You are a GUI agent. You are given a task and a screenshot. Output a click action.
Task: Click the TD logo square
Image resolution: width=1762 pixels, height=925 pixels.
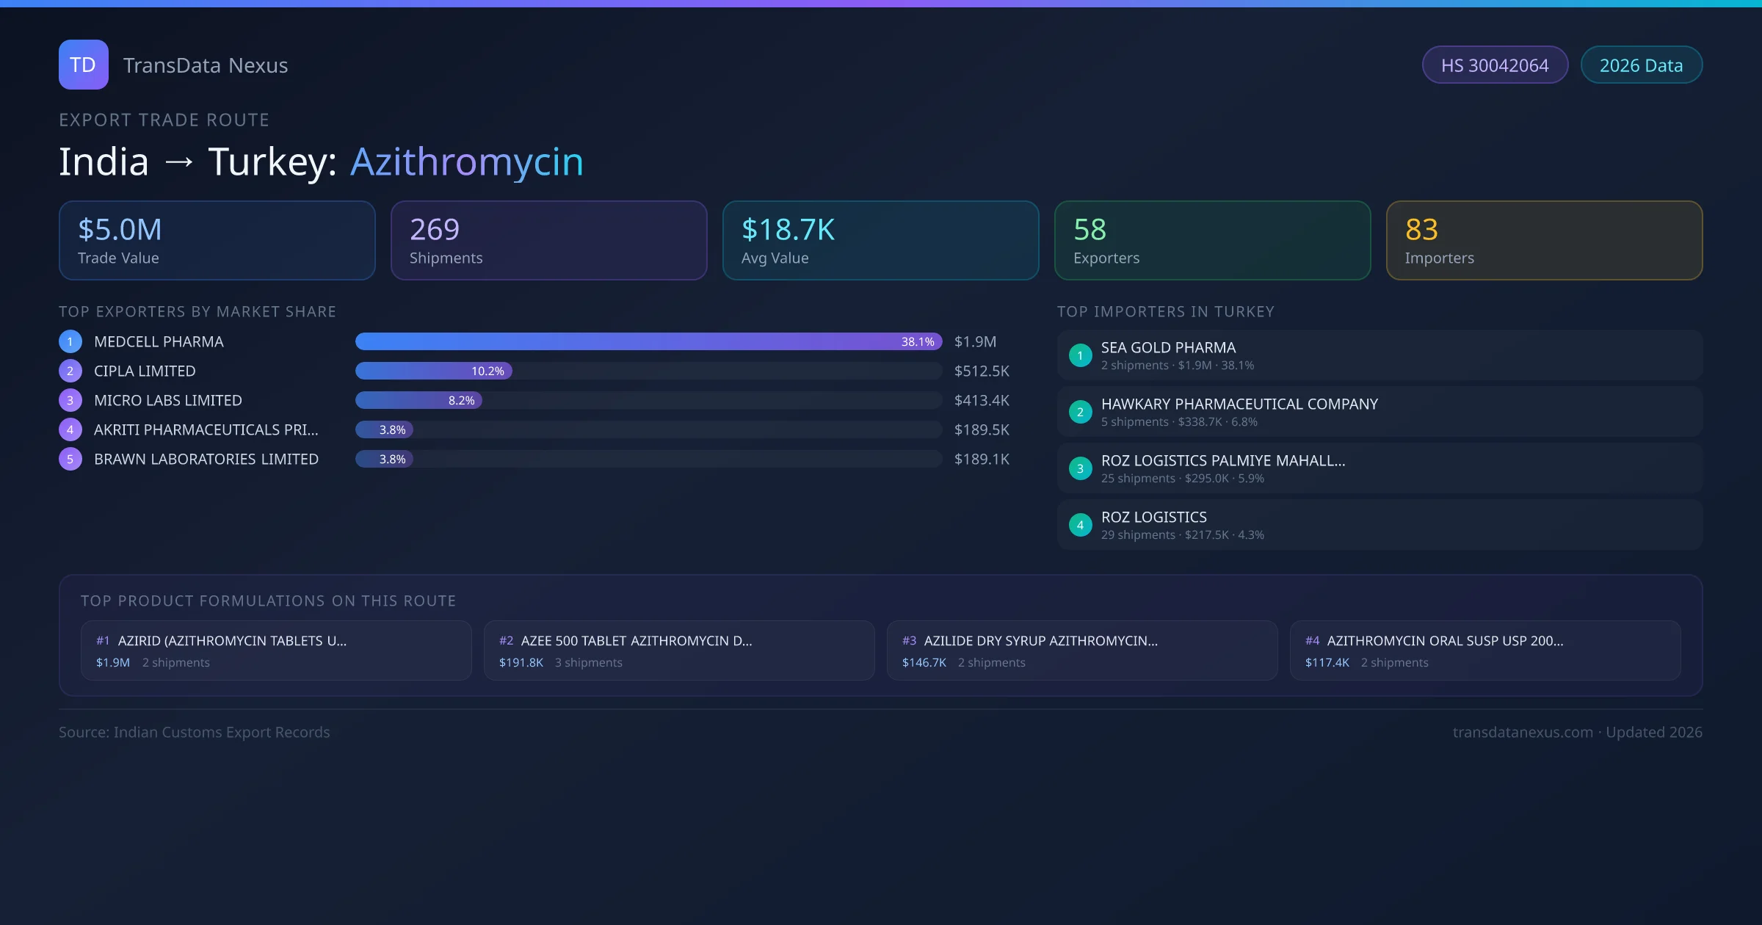[x=83, y=65]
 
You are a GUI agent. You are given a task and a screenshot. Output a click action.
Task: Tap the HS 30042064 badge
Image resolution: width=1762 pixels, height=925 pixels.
[x=1494, y=65]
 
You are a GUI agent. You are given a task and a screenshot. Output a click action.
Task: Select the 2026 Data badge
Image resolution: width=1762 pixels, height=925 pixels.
[x=1641, y=65]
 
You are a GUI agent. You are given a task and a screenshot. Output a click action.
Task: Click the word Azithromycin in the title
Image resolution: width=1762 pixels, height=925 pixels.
[x=467, y=162]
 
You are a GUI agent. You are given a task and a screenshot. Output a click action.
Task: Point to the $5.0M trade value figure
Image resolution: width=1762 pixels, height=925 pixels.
[x=120, y=230]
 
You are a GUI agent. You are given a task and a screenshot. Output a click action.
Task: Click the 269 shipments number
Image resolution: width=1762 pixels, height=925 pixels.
[x=435, y=230]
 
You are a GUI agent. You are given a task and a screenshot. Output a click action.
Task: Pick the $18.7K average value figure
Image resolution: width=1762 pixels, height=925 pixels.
[x=788, y=230]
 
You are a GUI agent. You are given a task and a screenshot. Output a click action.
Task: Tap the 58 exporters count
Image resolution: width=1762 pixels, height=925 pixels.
[x=1090, y=230]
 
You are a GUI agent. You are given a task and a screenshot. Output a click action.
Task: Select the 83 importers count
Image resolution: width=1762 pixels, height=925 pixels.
[x=1421, y=230]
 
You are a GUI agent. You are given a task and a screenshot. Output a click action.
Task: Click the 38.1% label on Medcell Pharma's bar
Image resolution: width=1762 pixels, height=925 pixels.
[x=918, y=342]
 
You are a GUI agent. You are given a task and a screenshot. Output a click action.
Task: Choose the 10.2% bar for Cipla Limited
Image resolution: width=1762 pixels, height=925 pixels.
[x=434, y=371]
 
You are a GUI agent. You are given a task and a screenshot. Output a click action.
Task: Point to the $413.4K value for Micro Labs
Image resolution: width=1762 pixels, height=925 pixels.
[x=982, y=401]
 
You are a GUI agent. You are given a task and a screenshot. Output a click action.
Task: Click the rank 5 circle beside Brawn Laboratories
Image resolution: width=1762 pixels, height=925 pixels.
[x=70, y=460]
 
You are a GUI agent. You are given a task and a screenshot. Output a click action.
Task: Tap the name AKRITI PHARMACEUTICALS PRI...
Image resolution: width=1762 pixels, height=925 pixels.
[x=206, y=430]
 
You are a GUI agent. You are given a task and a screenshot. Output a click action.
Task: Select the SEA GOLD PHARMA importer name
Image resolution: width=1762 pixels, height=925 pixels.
[x=1168, y=348]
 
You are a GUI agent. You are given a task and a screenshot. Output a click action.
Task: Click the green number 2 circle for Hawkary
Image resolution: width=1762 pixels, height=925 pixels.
[x=1080, y=413]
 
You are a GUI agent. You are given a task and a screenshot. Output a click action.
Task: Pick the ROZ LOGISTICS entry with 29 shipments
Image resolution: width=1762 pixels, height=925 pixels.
[x=1153, y=518]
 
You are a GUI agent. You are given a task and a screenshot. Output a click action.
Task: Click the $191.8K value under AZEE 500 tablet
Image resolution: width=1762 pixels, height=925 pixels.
[x=521, y=663]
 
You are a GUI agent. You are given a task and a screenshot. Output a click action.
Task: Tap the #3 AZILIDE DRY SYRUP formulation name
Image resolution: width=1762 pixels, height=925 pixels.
[x=1040, y=641]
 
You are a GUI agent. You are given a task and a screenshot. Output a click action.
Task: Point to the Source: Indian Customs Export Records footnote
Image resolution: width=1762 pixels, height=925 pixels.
[x=195, y=733]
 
